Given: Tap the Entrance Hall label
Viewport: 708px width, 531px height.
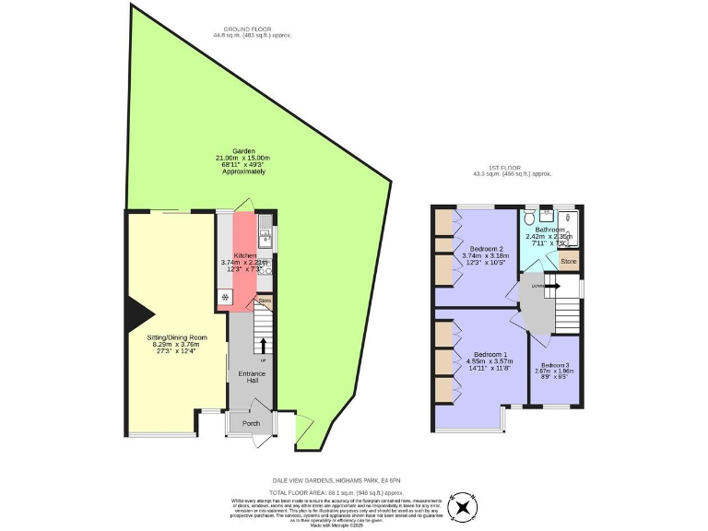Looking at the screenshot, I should coord(252,378).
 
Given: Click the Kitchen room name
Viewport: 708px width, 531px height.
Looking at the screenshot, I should coord(244,255).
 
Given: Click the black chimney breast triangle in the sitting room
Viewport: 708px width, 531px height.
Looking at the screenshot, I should coord(132,312).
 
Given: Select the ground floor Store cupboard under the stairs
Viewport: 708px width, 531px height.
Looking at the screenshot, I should coord(265,300).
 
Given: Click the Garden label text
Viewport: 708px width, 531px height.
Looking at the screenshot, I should coord(243,150).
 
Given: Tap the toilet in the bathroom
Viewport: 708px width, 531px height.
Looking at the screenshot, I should coord(528,218).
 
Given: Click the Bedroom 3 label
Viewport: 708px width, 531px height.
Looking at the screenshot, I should coord(555,366).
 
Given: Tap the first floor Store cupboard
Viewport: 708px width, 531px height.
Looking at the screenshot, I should coord(570,261).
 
